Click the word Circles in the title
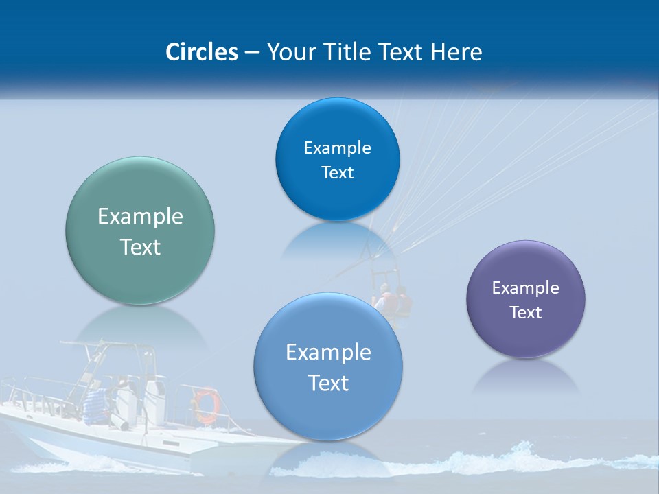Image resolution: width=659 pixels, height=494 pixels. pos(202,52)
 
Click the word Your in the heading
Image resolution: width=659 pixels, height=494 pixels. pos(289,52)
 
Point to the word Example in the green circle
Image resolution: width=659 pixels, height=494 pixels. pos(140,217)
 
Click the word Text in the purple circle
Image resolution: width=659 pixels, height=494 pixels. pos(526,313)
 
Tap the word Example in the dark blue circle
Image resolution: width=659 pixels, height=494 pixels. pos(338,148)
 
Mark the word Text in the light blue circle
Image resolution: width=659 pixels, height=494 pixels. pos(328,383)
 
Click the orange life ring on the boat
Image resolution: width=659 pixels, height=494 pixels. pos(206,405)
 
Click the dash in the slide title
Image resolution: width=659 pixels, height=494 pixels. pos(252,53)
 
